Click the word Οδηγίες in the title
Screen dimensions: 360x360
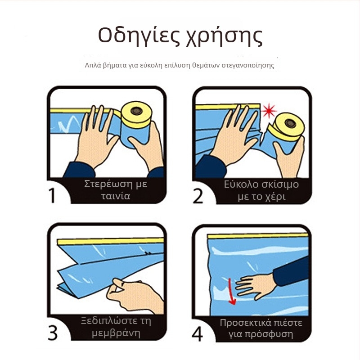(139, 36)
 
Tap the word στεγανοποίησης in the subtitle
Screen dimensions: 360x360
(248, 66)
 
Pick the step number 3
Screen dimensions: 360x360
(53, 333)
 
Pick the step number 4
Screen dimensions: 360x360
(198, 334)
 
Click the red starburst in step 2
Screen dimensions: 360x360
(269, 111)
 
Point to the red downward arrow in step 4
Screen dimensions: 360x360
(232, 292)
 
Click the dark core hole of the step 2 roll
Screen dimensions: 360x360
(290, 123)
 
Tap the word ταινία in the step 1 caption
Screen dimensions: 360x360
(116, 196)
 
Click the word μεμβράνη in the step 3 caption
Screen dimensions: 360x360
(116, 333)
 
